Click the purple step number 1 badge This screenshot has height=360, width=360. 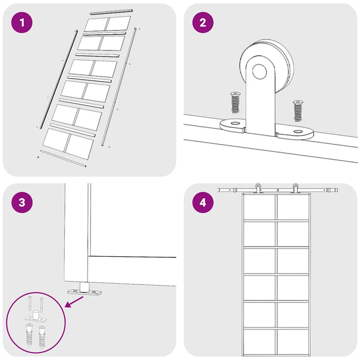(22, 23)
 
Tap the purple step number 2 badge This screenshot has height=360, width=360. (203, 23)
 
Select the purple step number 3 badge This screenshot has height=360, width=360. (22, 203)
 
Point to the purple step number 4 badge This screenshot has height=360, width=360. (203, 203)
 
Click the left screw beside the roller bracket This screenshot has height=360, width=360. (235, 103)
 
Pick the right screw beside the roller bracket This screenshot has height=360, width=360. (298, 110)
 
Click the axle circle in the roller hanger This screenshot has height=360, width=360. (259, 71)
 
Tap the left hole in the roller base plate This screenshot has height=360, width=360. (235, 123)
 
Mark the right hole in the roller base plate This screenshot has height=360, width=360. (298, 132)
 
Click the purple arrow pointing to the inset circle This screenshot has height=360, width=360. (74, 302)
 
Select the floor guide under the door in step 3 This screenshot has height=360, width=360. (84, 290)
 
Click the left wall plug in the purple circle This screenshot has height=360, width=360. (29, 335)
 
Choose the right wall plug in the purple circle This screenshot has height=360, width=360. (42, 337)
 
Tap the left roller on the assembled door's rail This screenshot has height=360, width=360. (258, 188)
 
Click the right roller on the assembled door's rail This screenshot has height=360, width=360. (295, 188)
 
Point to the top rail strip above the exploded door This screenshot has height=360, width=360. (112, 12)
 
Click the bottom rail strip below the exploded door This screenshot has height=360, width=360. (63, 158)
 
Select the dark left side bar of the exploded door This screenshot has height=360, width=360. (59, 79)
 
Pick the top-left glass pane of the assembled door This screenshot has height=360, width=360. (259, 208)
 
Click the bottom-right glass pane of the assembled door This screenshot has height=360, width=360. (293, 342)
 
